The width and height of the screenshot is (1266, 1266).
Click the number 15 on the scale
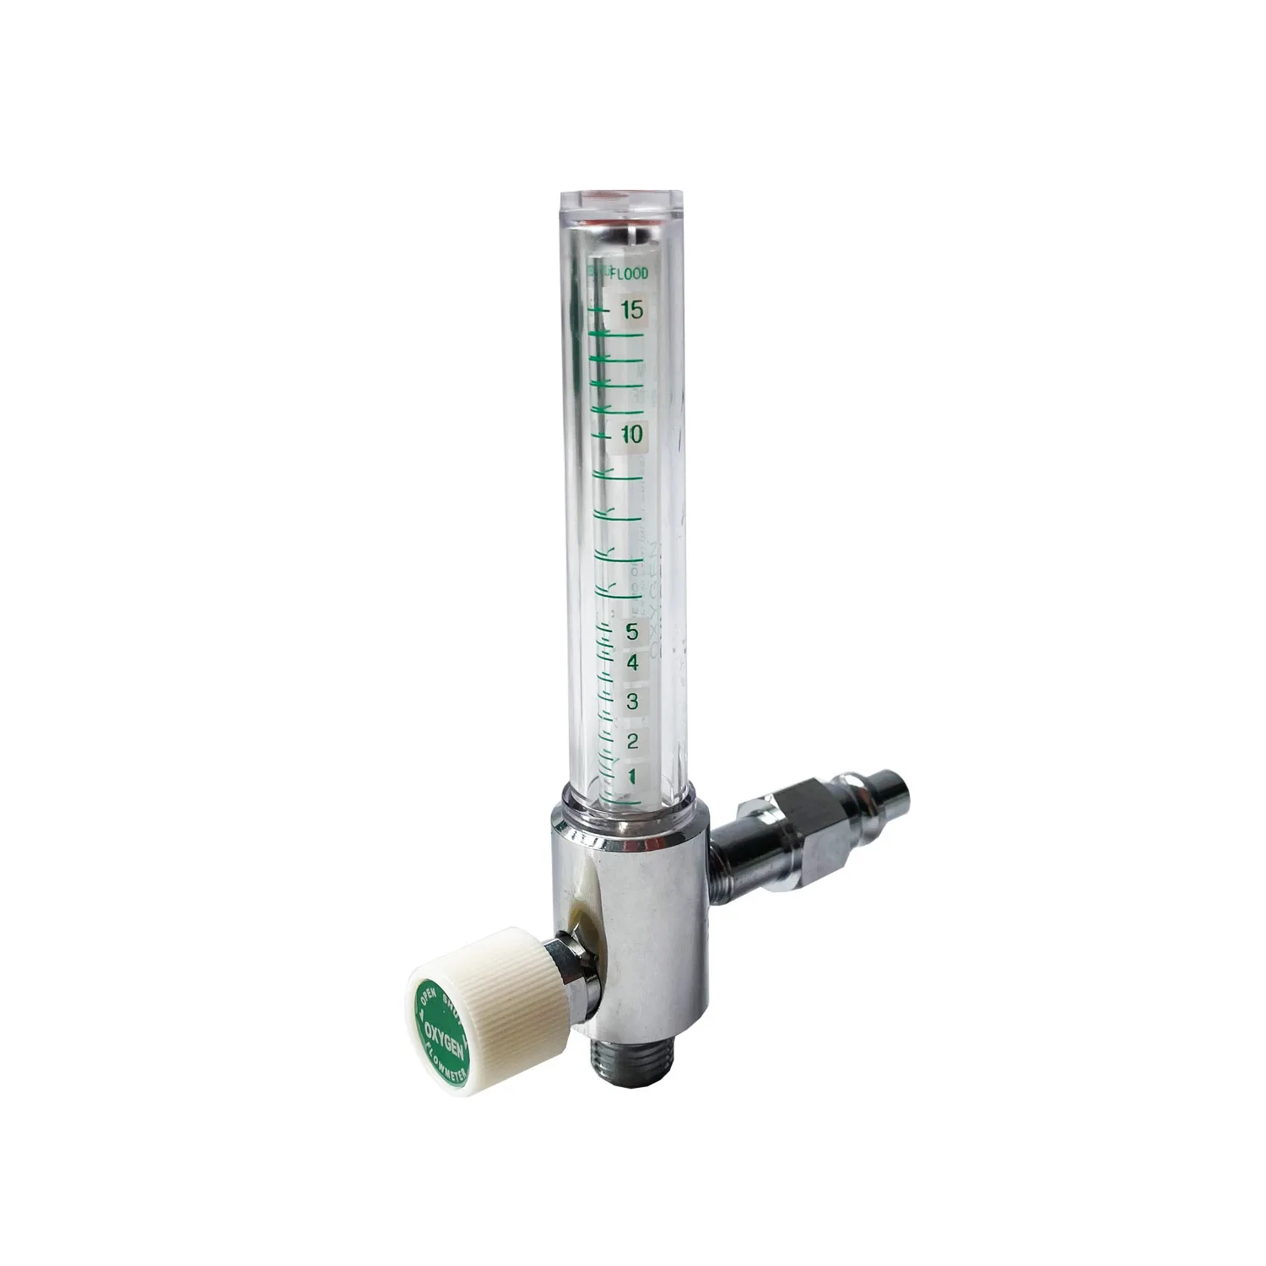(632, 311)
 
